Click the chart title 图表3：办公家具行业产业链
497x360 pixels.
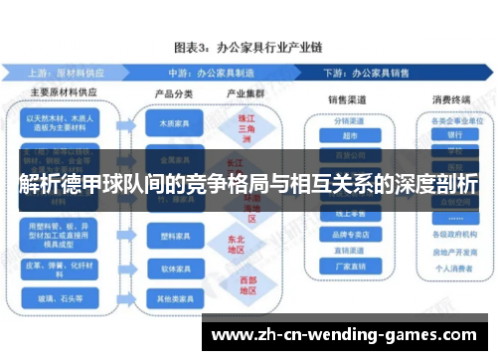[x=248, y=47]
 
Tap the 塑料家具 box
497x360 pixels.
[x=172, y=239]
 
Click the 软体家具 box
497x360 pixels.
[x=172, y=269]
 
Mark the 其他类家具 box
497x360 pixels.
[x=172, y=297]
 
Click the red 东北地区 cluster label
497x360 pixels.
[x=237, y=245]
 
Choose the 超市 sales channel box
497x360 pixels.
[x=344, y=136]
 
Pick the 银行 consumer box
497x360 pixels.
[x=455, y=135]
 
